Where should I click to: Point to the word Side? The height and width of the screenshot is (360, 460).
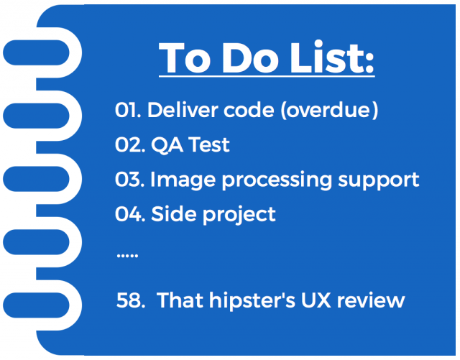click(x=172, y=214)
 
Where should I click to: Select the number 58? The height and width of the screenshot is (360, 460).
click(x=130, y=299)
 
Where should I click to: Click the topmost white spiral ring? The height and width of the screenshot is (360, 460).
click(x=36, y=52)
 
